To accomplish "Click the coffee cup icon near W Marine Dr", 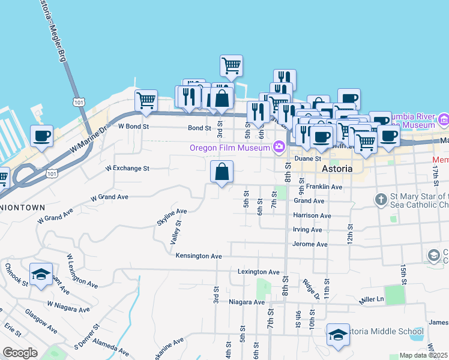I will point(41,136).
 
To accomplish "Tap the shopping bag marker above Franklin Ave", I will point(221,172).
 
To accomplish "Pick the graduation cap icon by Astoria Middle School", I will point(338,334).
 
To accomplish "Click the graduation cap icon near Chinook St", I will point(41,275).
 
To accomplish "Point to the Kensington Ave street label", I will point(199,256).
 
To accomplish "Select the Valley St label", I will point(175,232).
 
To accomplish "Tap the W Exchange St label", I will point(127,169).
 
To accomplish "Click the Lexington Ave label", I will point(258,272).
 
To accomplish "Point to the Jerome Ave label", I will point(310,245).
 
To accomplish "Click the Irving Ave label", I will point(307,230).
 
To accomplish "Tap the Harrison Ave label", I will point(312,215).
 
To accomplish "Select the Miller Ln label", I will point(370,299).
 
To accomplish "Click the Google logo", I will point(20,353).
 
